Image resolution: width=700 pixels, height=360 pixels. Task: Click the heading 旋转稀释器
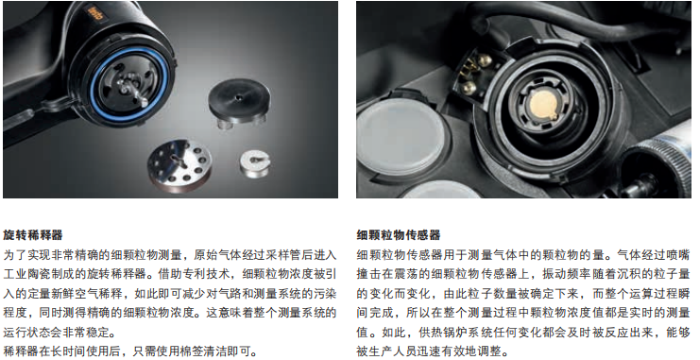coord(32,235)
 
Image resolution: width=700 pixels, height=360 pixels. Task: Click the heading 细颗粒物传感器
coord(399,235)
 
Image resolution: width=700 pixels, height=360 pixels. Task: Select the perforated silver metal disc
coord(179,163)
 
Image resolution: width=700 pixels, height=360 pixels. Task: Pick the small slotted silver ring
coord(255,163)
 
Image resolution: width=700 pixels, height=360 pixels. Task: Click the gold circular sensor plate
coord(541,104)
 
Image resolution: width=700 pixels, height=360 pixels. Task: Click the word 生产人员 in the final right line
coord(392,351)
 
